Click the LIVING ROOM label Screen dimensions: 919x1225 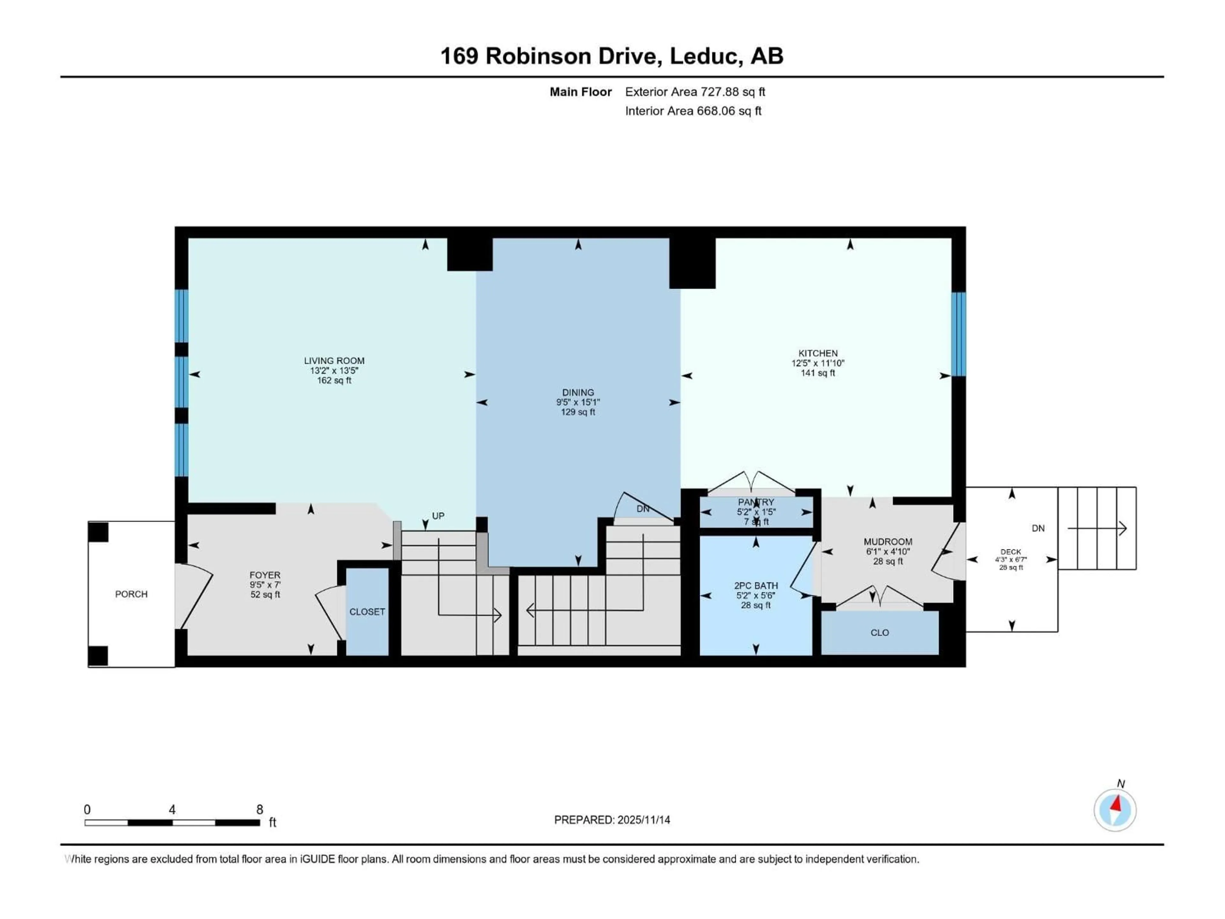tap(334, 361)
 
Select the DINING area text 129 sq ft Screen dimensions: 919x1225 tap(578, 412)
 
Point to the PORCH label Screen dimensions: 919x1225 tap(131, 594)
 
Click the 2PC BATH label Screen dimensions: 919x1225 tap(756, 586)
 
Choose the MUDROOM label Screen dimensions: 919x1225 tap(888, 542)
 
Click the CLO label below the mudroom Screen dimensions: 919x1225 tap(880, 632)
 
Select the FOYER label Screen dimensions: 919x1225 tap(265, 575)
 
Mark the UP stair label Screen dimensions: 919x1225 tap(438, 516)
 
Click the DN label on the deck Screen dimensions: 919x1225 tap(1038, 528)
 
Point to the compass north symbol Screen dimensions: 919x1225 tap(1115, 810)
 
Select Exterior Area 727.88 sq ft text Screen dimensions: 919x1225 tap(695, 92)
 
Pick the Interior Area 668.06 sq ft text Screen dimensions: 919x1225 tap(693, 111)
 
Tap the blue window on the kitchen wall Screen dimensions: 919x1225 tap(959, 334)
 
